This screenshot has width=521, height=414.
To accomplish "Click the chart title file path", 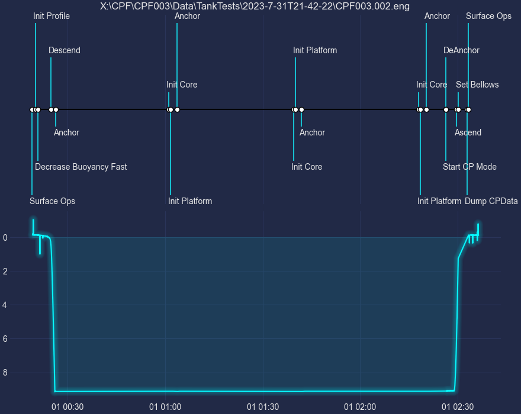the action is click(x=255, y=6).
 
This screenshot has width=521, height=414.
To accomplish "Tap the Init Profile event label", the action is click(x=52, y=16).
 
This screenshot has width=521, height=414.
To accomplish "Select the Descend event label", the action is click(x=65, y=50).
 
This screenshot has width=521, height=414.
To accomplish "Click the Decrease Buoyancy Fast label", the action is click(x=81, y=167).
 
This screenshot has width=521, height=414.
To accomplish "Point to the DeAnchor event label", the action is click(x=461, y=50).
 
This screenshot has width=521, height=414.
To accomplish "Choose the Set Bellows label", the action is click(x=477, y=85).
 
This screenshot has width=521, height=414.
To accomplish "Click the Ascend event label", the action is click(x=468, y=132).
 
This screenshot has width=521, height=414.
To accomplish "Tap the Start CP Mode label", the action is click(x=469, y=167).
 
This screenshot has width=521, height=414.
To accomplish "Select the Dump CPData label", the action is click(x=491, y=201).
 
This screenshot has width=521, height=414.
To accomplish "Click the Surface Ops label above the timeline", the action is click(x=488, y=16).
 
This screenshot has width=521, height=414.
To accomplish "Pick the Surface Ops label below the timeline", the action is click(x=52, y=201).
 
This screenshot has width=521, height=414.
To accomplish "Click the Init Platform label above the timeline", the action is click(x=314, y=50).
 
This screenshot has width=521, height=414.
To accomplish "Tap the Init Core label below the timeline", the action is click(x=307, y=167).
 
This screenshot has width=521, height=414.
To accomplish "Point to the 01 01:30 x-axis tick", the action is click(x=263, y=407).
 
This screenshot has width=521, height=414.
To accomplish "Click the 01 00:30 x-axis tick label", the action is click(x=67, y=407).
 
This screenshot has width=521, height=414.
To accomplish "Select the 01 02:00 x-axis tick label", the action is click(x=360, y=407).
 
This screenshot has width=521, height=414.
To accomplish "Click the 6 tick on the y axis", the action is click(x=5, y=339).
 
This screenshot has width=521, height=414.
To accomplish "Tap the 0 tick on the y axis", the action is click(x=5, y=237).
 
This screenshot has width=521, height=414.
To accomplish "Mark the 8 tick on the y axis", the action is click(x=5, y=373).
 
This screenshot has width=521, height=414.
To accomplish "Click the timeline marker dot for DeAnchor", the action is click(x=446, y=109).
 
